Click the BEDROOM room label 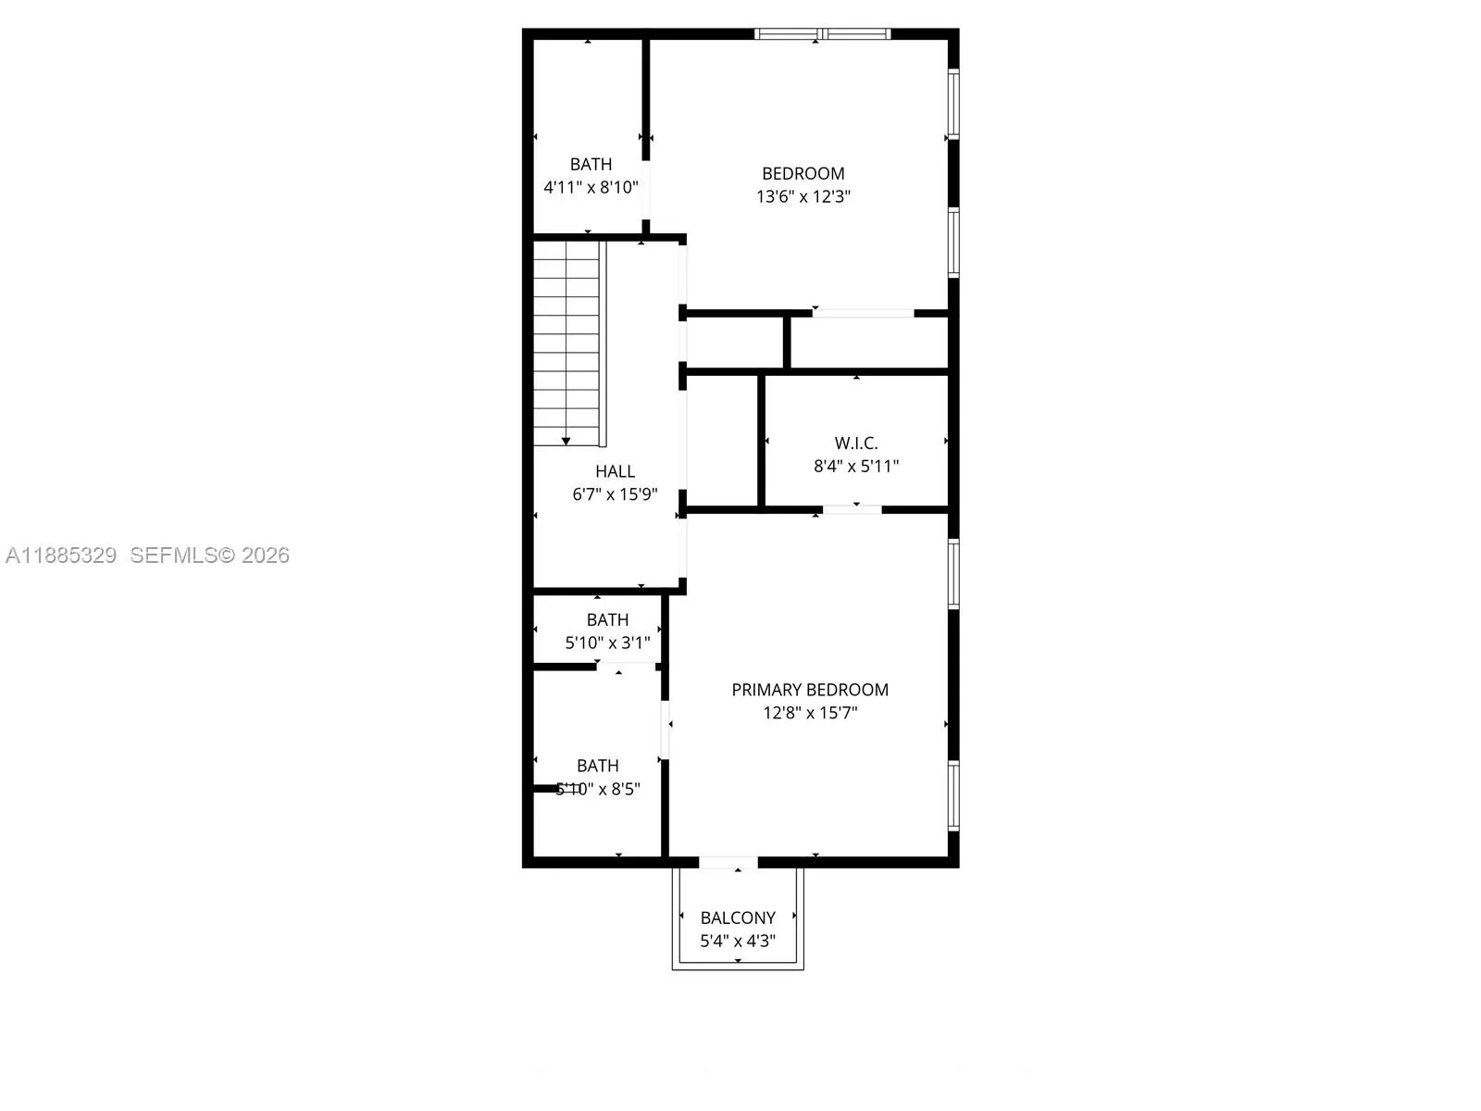coord(803,173)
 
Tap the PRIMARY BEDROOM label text coord(810,690)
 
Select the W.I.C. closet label coord(856,443)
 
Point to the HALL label coord(615,471)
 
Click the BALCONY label coord(738,918)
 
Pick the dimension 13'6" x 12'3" coord(803,196)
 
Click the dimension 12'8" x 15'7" coord(810,713)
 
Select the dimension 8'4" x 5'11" coord(856,467)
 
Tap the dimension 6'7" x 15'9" coord(615,494)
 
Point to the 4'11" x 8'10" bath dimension coord(591,187)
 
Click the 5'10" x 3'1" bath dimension coord(607,643)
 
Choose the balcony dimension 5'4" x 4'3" coord(738,941)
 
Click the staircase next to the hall coord(567,343)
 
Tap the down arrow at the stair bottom coord(566,441)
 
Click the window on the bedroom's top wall coord(822,34)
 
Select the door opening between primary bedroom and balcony coord(728,863)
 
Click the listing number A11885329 coord(61,555)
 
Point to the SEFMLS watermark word coord(173,555)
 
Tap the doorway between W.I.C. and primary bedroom coord(853,509)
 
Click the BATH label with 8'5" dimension coord(597,766)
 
